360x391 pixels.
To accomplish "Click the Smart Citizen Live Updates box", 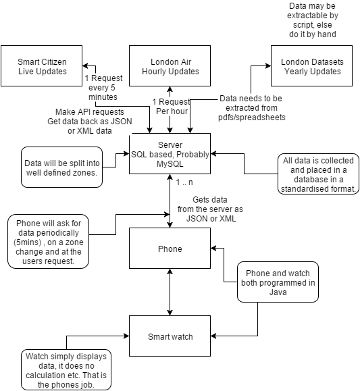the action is [x=41, y=66].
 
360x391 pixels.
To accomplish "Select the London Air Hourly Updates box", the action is [x=170, y=66].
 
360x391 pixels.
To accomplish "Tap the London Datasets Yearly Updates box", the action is [x=311, y=66].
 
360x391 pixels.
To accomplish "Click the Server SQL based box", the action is [x=170, y=153].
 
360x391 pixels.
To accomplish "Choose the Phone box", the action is [x=170, y=249].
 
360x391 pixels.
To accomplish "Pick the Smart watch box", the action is [x=170, y=336].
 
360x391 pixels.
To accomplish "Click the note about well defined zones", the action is [x=61, y=167].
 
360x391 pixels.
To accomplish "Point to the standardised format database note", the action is [x=318, y=174].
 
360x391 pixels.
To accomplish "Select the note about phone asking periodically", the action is [x=48, y=241].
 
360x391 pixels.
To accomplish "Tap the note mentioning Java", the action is [x=278, y=282].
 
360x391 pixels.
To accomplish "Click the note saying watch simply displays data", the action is [x=66, y=370].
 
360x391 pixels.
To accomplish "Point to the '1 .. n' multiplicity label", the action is [x=184, y=182].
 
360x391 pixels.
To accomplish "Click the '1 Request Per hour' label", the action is [x=172, y=107].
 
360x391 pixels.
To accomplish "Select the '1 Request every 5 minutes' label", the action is [x=103, y=88].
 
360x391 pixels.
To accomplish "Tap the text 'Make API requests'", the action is [x=90, y=111].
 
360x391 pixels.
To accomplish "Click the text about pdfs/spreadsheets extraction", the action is [x=251, y=108].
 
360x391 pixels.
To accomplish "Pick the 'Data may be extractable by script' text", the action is [x=313, y=20].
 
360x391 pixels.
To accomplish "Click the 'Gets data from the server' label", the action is [x=210, y=209].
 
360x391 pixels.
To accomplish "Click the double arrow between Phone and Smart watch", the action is [x=170, y=292].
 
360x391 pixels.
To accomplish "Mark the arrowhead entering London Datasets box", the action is [x=268, y=66].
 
